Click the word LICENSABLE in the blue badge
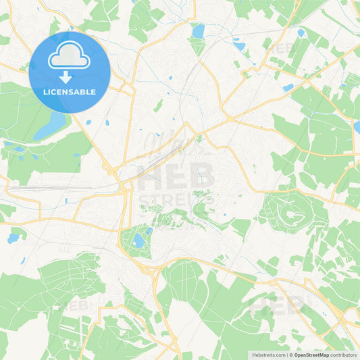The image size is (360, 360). point(70,92)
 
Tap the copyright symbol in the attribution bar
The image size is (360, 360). point(291,354)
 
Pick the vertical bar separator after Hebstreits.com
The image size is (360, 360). point(286,354)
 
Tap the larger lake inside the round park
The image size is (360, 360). point(138,241)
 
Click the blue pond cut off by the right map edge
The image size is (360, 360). point(356,126)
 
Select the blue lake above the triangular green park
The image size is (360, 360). point(198,30)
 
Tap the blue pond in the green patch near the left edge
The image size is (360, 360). point(13,238)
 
